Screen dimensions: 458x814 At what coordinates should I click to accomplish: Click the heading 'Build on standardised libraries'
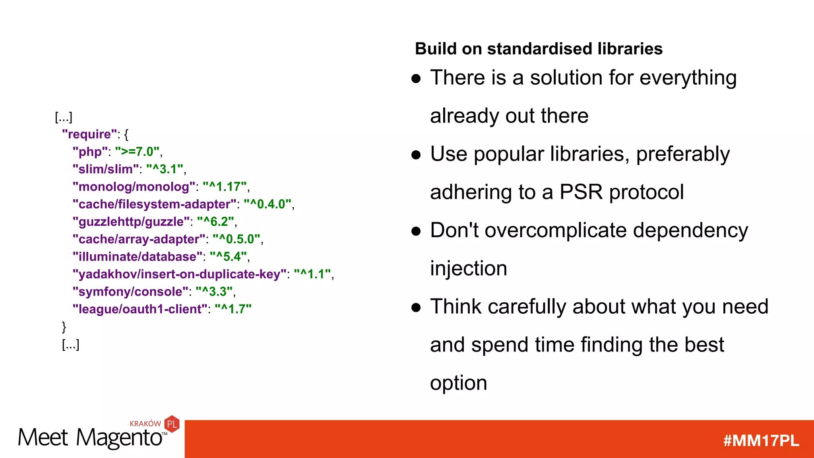pos(539,49)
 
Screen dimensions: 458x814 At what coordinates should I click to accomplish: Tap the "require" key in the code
pos(89,134)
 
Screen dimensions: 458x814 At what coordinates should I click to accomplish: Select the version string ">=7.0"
pos(137,152)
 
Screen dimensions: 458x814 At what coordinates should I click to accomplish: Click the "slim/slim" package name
pos(106,169)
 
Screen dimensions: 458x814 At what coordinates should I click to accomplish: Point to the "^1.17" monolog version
pos(225,187)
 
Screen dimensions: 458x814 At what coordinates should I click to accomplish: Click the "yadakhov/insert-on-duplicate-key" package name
pos(179,274)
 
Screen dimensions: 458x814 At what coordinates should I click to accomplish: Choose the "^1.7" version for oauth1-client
pos(233,309)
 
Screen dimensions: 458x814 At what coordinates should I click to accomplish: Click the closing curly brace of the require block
pos(64,327)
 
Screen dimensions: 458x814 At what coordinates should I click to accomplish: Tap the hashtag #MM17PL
pos(761,441)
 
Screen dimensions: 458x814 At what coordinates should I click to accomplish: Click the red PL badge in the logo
pos(172,424)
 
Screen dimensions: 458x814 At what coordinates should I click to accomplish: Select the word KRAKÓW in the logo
pos(145,424)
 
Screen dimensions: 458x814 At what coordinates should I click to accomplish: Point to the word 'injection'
pos(468,269)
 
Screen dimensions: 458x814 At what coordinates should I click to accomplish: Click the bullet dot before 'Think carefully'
pos(416,307)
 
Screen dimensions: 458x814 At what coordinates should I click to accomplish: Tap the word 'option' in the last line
pos(458,383)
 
